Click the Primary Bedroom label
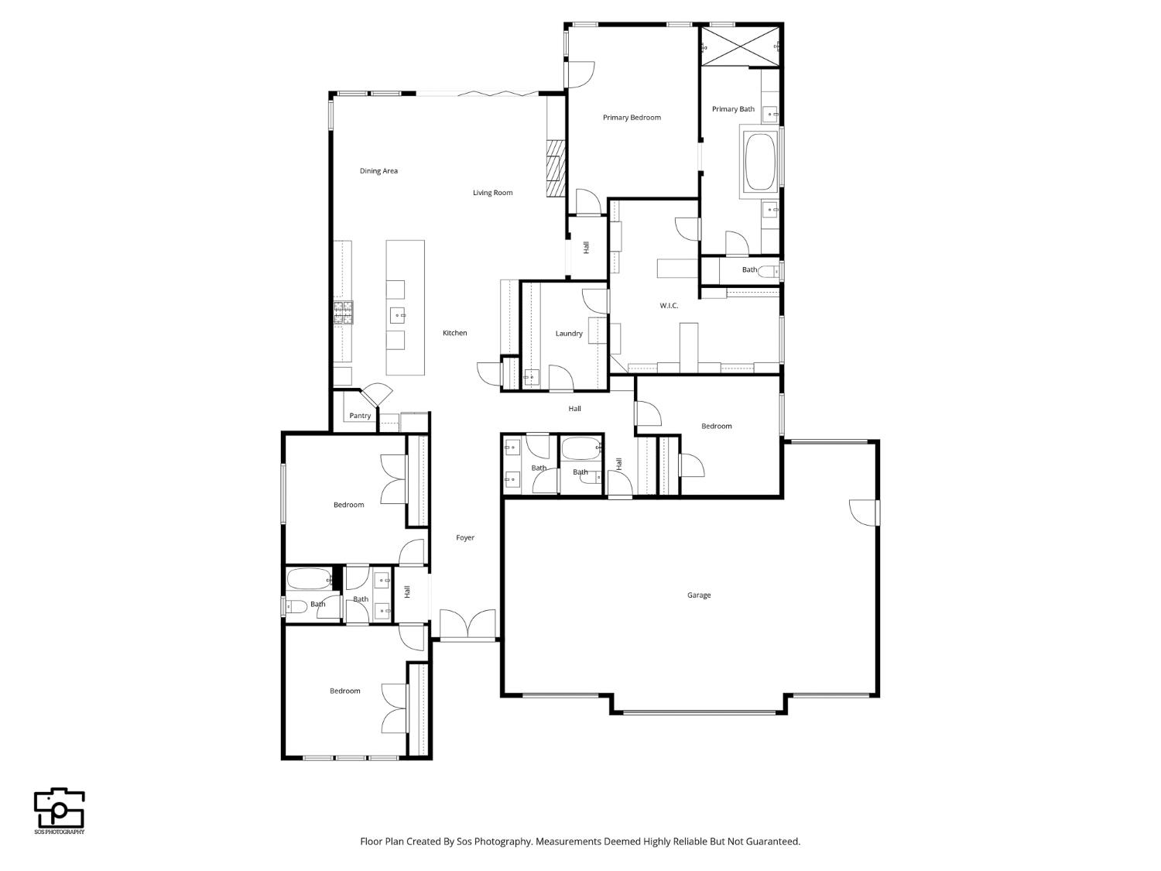[x=632, y=118]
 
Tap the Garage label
[x=699, y=595]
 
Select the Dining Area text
[x=378, y=171]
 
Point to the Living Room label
[x=492, y=193]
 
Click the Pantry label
[x=360, y=416]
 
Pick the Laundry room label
[x=569, y=333]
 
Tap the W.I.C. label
[x=669, y=305]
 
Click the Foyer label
[x=465, y=537]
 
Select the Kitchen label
[x=455, y=333]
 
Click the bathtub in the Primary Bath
[x=760, y=162]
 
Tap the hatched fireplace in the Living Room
[x=556, y=169]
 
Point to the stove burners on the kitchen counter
[x=344, y=312]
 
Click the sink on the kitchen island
[x=398, y=316]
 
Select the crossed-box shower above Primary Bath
[x=740, y=46]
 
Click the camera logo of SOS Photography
[x=60, y=808]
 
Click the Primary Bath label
[x=733, y=109]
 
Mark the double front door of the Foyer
[x=468, y=624]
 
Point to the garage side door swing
[x=863, y=513]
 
